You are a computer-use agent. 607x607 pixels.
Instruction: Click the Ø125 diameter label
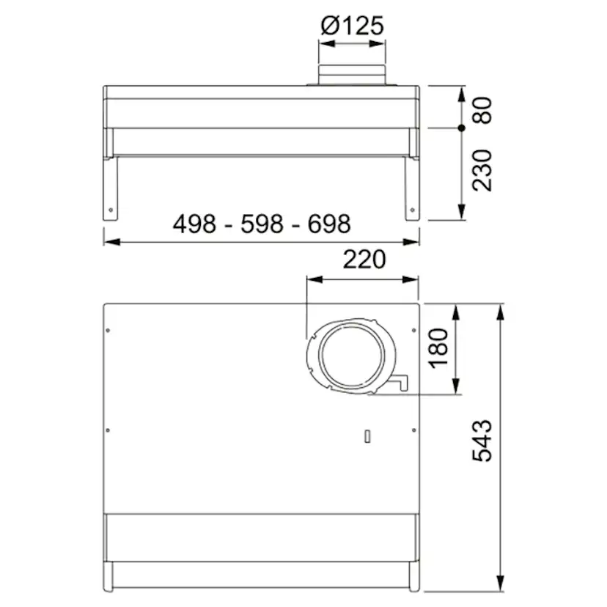(352, 26)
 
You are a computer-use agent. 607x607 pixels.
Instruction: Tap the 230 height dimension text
(482, 170)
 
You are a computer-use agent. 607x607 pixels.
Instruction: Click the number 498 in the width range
(194, 224)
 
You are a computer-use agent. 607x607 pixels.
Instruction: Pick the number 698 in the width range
(328, 224)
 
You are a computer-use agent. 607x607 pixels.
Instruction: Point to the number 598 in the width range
(261, 224)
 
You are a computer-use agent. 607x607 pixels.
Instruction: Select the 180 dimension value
(438, 348)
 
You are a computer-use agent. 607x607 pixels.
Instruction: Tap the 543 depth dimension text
(482, 441)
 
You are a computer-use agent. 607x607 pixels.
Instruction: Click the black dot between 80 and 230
(462, 128)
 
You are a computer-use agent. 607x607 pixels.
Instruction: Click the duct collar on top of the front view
(352, 76)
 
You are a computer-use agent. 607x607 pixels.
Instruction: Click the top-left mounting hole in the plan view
(108, 330)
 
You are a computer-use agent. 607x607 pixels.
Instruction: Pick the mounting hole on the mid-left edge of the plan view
(108, 430)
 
